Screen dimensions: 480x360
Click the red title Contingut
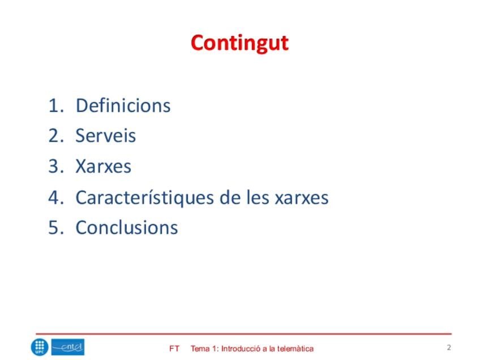pos(239,44)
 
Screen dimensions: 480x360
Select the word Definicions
pos(123,106)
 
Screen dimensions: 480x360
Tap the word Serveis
pos(106,136)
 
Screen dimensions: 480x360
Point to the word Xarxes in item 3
pos(104,166)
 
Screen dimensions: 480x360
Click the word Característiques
pos(144,198)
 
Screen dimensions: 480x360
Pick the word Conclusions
pos(127,228)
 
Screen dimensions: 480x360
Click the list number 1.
pos(56,106)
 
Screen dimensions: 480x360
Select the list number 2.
pos(56,136)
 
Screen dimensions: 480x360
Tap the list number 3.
pos(56,166)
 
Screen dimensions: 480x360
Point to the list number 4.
pos(56,198)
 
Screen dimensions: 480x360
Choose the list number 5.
pos(56,228)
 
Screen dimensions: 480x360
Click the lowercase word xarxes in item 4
pos(302,198)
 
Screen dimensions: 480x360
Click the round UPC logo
pos(40,348)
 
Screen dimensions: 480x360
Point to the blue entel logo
pos(68,347)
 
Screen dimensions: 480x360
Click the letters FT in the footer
pos(174,349)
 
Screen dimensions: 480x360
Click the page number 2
pos(449,348)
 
